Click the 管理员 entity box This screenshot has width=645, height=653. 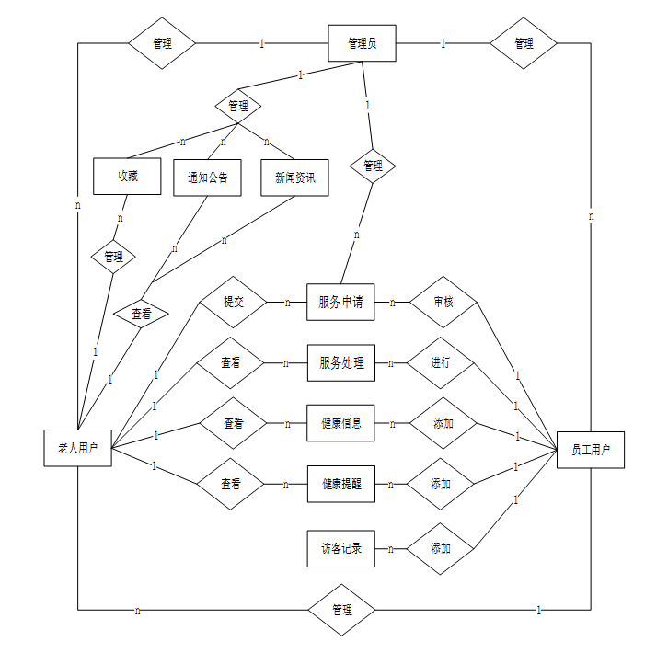(x=362, y=43)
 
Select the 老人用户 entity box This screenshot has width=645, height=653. (x=78, y=449)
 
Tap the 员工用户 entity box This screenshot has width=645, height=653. (x=590, y=450)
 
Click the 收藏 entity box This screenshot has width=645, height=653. (x=127, y=177)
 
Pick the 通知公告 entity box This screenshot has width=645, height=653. (x=207, y=178)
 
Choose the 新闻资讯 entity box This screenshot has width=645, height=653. (x=294, y=178)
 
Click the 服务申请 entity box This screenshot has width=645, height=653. (x=340, y=302)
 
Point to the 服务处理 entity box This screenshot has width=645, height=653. (x=340, y=362)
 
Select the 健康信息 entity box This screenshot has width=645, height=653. (x=340, y=423)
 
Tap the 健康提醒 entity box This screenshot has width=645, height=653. (x=340, y=484)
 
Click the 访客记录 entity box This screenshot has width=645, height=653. (x=340, y=549)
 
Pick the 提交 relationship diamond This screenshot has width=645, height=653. (x=233, y=301)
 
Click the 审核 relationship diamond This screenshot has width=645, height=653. (x=443, y=302)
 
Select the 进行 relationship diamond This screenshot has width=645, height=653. (x=441, y=362)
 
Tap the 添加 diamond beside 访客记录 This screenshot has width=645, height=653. (x=441, y=549)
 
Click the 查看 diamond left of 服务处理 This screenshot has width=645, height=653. (x=232, y=362)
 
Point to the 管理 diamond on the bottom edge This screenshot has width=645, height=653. (x=341, y=610)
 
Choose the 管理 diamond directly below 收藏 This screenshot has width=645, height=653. (x=113, y=257)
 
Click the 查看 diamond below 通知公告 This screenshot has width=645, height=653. (x=141, y=315)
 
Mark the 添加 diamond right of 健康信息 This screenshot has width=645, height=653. (x=443, y=423)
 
